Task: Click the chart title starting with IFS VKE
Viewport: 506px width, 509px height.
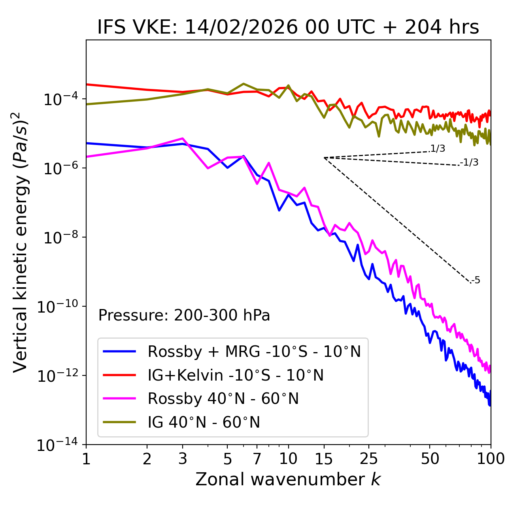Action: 288,27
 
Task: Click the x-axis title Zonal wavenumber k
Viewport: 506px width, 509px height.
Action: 288,479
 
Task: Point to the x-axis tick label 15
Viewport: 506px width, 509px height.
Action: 324,459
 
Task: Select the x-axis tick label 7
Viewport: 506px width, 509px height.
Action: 257,459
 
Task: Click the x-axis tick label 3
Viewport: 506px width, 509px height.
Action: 183,459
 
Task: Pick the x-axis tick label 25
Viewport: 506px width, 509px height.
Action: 368,459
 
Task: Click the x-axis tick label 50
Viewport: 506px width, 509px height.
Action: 430,459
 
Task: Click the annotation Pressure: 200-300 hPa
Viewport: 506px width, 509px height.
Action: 184,315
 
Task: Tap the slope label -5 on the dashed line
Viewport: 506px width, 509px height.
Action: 476,281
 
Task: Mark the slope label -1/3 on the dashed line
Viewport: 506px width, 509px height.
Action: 470,162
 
